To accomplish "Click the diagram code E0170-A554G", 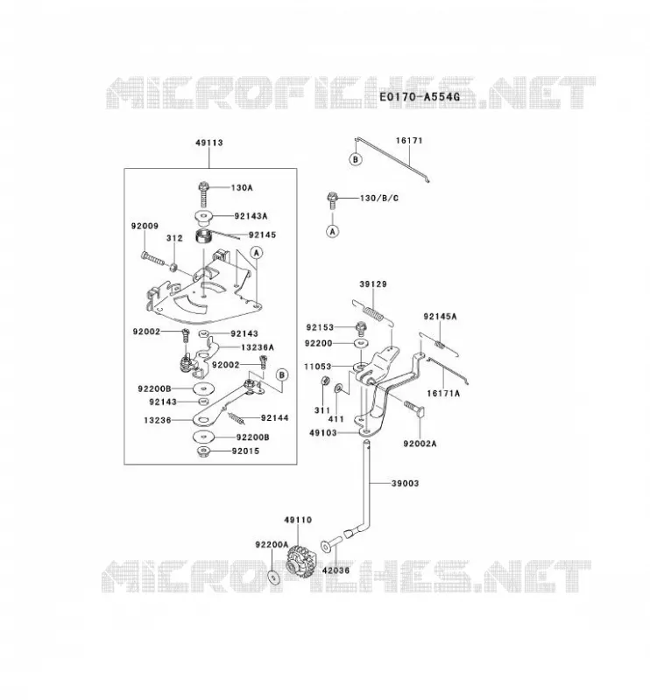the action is pos(420,96).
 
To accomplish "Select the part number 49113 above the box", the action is pos(208,143).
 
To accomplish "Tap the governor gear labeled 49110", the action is pos(300,559).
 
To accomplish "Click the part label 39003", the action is pos(405,483).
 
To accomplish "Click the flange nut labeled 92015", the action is pos(204,451).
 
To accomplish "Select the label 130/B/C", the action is pos(378,198).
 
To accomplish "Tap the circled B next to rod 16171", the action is pos(356,159).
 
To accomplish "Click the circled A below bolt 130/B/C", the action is pos(333,231).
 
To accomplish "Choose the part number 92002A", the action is pos(420,444).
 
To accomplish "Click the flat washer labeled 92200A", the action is pos(272,577).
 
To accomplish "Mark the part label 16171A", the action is pos(443,393).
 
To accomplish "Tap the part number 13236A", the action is pos(258,346).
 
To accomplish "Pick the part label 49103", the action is pos(323,432).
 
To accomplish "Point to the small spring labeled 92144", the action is pos(237,418).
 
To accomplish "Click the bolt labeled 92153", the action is pos(361,328).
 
